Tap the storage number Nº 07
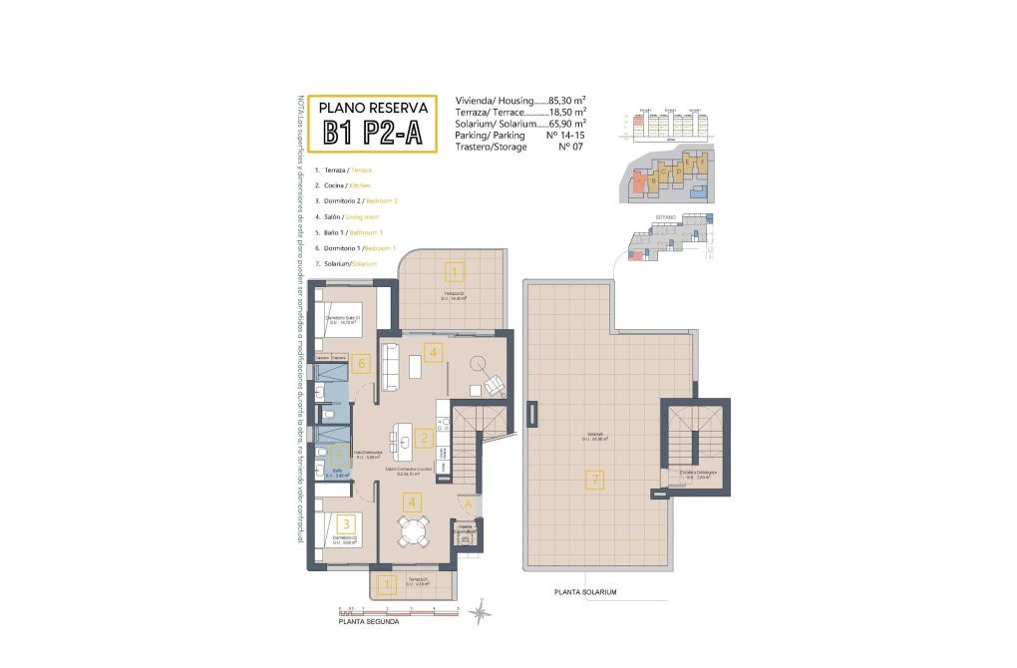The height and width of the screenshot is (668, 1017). click(x=570, y=147)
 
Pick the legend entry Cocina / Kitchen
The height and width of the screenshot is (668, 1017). click(x=342, y=185)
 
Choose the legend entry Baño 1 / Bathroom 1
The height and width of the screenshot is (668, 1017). click(x=347, y=231)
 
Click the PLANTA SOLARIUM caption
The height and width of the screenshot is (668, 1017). click(x=585, y=592)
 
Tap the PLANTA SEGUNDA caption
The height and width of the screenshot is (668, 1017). click(x=369, y=621)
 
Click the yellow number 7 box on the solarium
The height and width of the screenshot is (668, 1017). click(x=595, y=481)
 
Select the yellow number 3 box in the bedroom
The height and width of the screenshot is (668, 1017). click(x=345, y=522)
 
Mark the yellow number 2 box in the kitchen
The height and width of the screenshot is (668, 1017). click(x=424, y=438)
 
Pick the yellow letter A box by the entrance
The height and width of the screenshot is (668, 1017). click(x=465, y=503)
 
